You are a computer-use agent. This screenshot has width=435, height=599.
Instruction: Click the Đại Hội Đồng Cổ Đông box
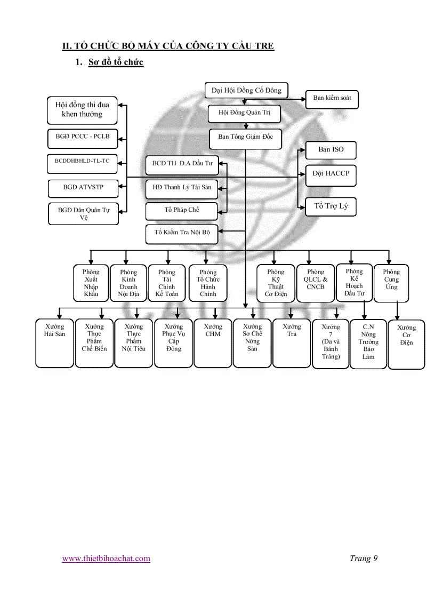click(x=246, y=91)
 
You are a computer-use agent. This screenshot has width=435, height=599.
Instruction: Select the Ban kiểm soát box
click(x=332, y=99)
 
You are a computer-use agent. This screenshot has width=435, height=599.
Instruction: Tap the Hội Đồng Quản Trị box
click(x=244, y=113)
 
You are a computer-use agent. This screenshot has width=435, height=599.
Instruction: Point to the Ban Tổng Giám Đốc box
click(x=245, y=137)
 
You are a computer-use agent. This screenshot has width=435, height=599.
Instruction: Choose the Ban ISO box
click(x=331, y=150)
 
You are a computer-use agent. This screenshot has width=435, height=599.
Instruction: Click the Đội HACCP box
click(x=331, y=174)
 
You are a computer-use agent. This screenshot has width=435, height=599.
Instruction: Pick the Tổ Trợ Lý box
click(x=331, y=206)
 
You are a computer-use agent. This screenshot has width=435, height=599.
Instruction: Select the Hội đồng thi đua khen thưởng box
click(x=82, y=109)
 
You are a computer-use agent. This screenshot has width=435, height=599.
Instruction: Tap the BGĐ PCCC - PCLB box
click(x=82, y=137)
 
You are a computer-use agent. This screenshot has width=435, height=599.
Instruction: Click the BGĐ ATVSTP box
click(x=83, y=188)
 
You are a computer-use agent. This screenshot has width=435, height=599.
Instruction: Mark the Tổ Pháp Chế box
click(x=181, y=210)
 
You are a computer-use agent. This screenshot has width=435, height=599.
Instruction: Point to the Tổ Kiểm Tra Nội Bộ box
click(x=182, y=233)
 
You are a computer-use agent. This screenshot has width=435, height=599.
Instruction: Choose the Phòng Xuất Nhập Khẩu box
click(x=91, y=283)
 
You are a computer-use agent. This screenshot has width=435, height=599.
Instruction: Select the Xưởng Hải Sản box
click(x=54, y=343)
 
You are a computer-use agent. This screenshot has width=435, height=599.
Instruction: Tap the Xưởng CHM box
click(x=212, y=343)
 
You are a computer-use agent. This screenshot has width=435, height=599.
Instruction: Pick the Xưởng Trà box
click(x=292, y=343)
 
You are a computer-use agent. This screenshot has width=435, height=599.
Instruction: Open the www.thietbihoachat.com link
click(x=106, y=558)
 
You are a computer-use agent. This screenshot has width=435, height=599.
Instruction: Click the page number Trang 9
click(x=364, y=558)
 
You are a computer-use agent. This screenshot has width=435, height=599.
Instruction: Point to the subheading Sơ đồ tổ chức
click(x=116, y=62)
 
